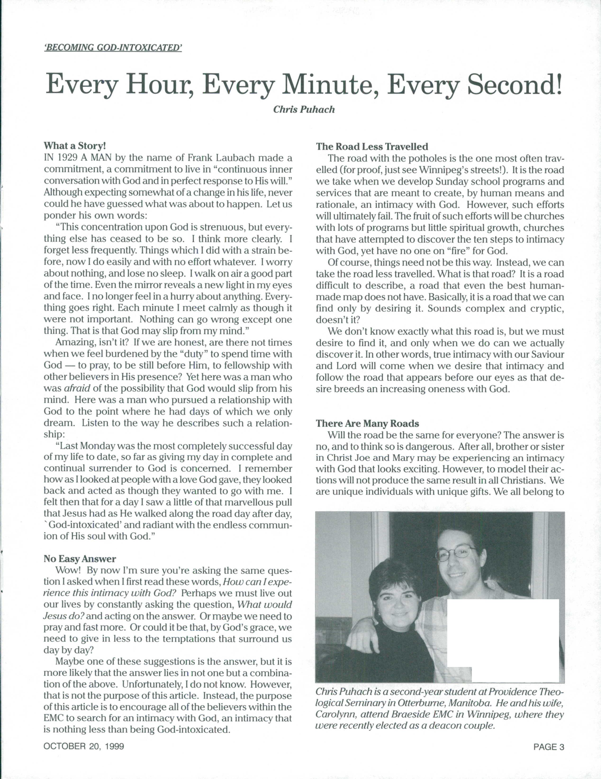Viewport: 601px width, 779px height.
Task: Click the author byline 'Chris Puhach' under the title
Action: click(304, 109)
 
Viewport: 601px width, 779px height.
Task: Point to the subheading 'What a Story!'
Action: click(75, 146)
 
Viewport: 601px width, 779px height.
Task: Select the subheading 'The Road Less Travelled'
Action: click(372, 147)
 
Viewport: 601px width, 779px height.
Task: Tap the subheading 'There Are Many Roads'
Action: click(367, 424)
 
